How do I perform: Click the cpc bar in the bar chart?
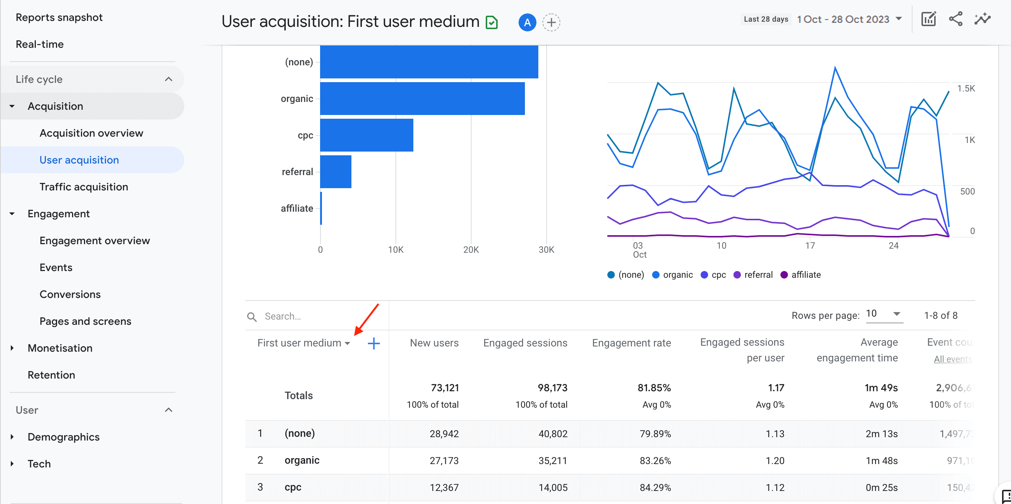366,135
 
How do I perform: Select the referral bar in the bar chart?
335,172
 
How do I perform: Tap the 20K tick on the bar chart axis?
470,249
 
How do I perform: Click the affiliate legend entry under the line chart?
801,275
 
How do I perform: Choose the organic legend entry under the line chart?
672,275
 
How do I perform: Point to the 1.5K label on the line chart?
965,88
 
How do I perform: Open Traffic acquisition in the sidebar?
84,187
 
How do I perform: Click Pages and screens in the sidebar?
85,321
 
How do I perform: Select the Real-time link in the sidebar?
40,44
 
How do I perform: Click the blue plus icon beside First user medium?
374,343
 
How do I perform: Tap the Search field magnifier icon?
252,317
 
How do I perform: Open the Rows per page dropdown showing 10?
884,314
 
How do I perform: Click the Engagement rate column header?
631,343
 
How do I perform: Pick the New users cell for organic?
444,460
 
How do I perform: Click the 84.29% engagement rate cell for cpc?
655,487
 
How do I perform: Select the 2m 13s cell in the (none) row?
881,434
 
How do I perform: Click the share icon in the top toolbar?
955,19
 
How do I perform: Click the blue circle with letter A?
527,22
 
